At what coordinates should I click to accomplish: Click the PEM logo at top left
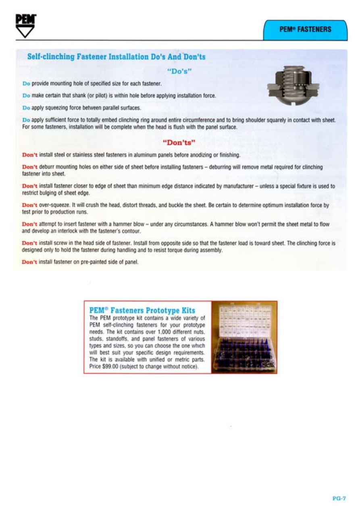pyautogui.click(x=26, y=26)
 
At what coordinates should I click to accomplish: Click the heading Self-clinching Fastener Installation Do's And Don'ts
pyautogui.click(x=116, y=57)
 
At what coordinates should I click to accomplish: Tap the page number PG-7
pyautogui.click(x=339, y=498)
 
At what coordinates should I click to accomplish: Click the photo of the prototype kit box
pyautogui.click(x=244, y=337)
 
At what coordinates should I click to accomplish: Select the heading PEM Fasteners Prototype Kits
pyautogui.click(x=142, y=310)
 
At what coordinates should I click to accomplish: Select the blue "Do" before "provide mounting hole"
pyautogui.click(x=26, y=84)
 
